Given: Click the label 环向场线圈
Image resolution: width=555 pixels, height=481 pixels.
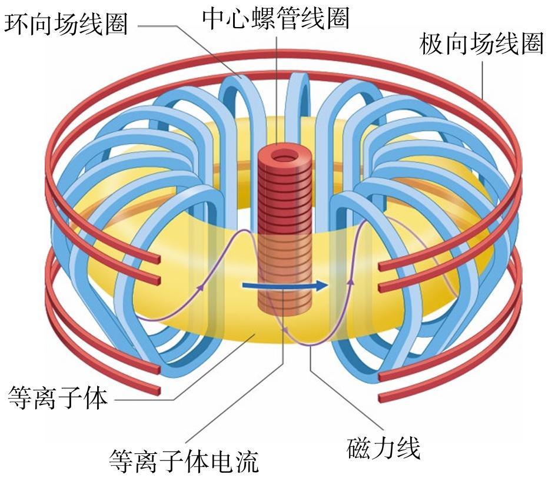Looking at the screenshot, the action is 66,24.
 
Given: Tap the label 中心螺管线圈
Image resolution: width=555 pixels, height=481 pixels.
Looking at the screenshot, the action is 275,18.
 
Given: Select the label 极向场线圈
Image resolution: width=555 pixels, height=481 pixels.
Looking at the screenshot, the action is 481,44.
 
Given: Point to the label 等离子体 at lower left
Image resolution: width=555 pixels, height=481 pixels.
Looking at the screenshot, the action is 57,398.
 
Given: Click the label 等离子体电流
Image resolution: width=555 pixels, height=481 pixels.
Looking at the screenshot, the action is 184,461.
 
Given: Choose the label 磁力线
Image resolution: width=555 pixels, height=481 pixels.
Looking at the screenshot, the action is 383,447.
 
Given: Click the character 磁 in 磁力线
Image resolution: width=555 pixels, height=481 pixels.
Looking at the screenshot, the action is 358,447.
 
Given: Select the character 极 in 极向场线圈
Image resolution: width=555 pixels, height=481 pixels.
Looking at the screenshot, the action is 431,44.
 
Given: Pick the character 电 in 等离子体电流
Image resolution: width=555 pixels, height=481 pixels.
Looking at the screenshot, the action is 221,461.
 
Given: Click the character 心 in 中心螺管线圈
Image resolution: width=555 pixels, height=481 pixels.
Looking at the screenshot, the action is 239,18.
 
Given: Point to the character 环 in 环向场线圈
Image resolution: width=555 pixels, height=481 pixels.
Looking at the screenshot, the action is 16,24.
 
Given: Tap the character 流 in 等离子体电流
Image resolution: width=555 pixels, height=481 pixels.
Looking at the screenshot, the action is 247,461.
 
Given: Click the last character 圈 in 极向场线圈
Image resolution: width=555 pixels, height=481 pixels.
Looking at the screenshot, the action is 531,44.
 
